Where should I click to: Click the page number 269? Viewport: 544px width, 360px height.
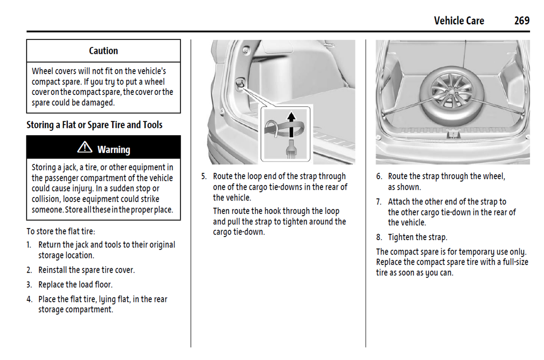click(521, 20)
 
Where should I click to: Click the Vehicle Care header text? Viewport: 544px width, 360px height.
click(459, 21)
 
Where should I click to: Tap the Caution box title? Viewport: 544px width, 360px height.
click(103, 51)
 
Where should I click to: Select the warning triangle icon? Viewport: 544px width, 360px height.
click(85, 147)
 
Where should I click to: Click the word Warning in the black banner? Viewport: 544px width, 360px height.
click(114, 150)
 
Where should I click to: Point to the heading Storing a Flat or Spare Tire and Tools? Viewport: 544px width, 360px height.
click(94, 125)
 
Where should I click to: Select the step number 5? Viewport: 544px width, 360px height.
click(204, 176)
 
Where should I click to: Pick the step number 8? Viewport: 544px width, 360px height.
click(379, 237)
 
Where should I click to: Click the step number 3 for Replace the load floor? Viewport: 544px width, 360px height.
click(29, 285)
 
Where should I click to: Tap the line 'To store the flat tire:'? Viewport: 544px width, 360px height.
click(61, 231)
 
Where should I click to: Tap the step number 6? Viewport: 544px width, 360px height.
click(379, 176)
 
